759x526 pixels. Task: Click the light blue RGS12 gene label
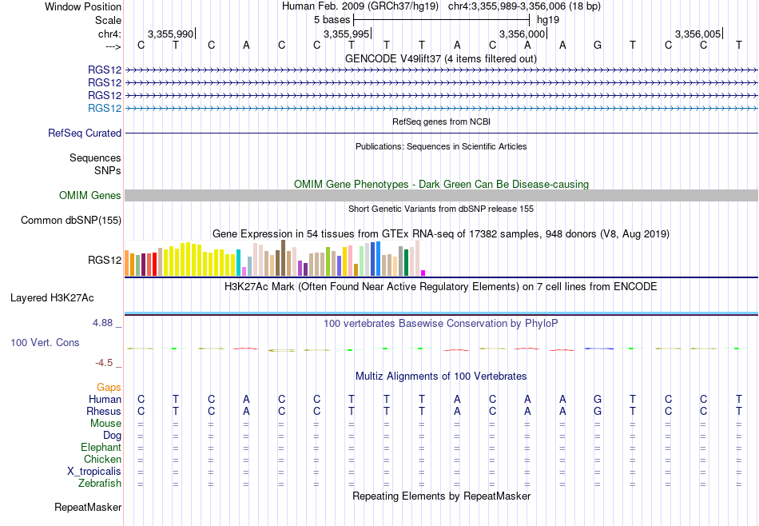(105, 108)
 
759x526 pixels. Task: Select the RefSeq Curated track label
(85, 133)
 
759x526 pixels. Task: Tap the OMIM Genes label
(90, 195)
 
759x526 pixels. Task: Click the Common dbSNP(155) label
(71, 221)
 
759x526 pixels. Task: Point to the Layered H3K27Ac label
(52, 298)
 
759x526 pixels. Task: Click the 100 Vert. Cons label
(45, 342)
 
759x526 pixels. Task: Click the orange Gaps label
(109, 387)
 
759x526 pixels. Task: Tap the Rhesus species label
(104, 411)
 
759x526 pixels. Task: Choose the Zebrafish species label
(100, 483)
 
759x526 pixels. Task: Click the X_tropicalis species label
(94, 472)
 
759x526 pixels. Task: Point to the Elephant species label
(101, 447)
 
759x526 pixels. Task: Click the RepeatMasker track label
(88, 507)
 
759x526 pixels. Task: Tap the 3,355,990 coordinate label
(170, 34)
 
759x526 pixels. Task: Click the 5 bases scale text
(332, 20)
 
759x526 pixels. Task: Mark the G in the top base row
(598, 45)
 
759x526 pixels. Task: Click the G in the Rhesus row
(598, 411)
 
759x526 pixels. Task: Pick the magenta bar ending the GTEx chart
(423, 273)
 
